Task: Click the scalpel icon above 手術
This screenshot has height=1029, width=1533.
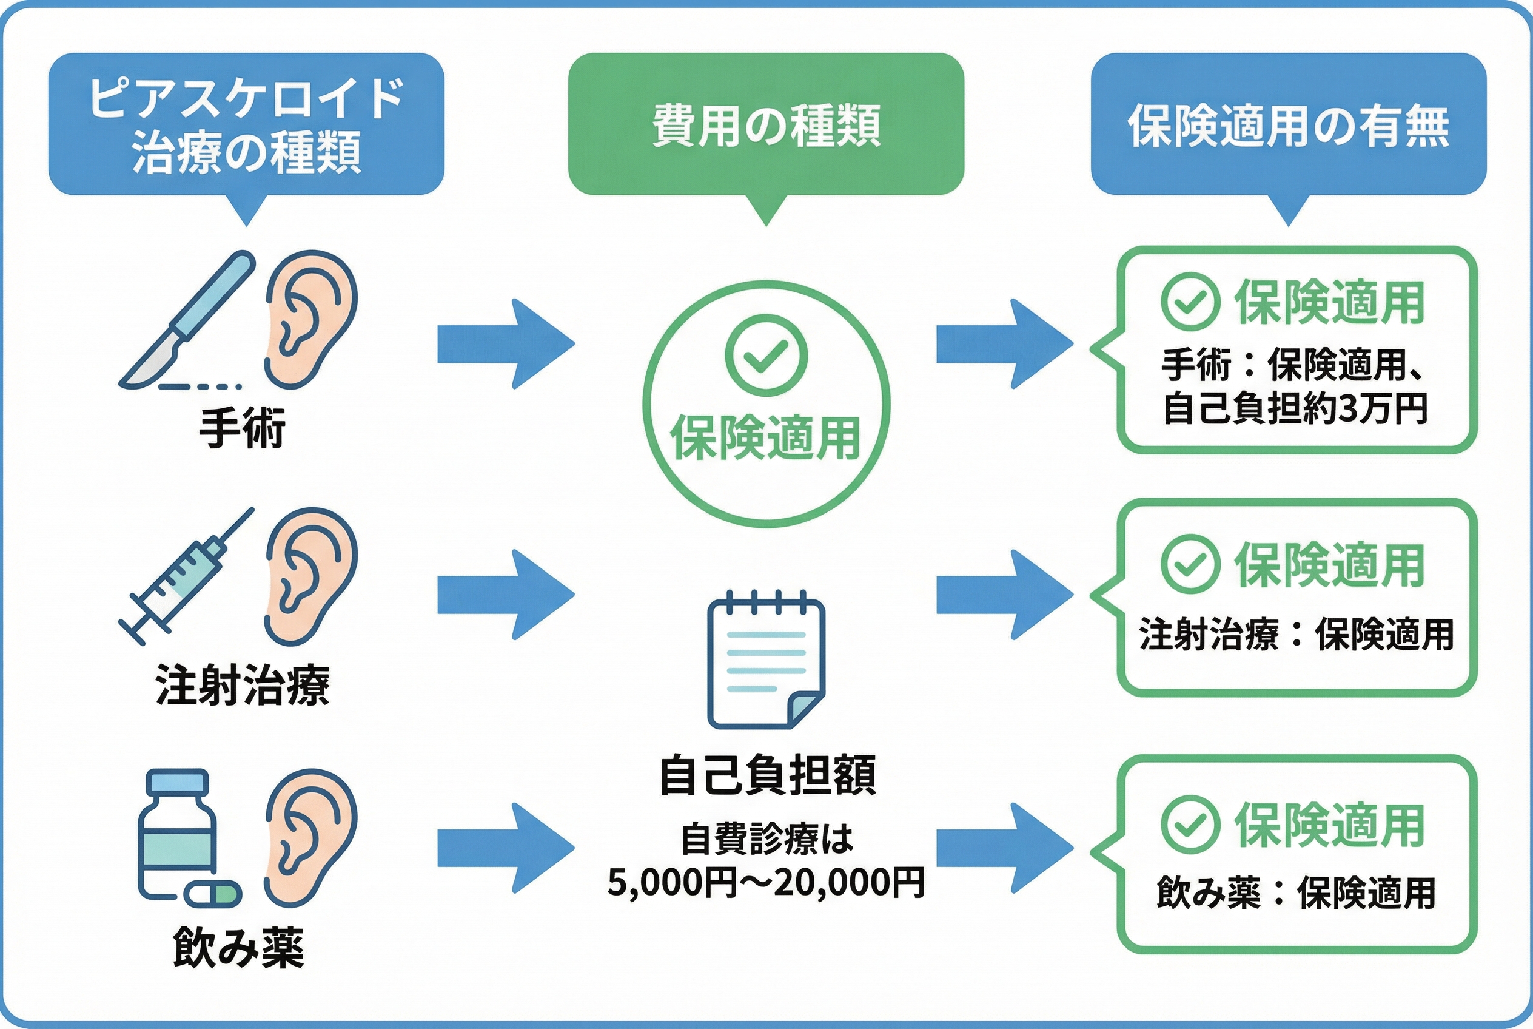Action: [x=187, y=320]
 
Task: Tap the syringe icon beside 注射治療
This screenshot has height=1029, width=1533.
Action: [x=185, y=576]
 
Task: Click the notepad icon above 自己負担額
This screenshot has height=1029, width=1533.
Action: [x=765, y=664]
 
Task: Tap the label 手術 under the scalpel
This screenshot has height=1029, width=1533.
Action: [x=242, y=428]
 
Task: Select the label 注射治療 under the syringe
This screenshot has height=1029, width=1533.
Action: [x=242, y=684]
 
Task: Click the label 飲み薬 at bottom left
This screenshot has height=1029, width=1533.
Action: [x=239, y=947]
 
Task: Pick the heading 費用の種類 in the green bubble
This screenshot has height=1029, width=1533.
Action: [x=765, y=125]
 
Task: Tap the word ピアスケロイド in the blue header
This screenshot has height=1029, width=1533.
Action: [x=246, y=98]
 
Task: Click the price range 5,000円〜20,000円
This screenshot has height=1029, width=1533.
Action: [x=765, y=883]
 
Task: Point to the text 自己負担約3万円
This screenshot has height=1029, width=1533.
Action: [x=1295, y=408]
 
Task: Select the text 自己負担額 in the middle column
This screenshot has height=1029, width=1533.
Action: [x=767, y=775]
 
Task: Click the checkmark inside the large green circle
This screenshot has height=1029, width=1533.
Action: [x=765, y=355]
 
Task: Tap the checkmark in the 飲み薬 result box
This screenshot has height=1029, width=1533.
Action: [x=1190, y=825]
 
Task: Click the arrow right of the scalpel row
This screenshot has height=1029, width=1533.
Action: [x=506, y=343]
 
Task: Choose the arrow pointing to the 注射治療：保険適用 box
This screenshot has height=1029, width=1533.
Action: [x=1004, y=595]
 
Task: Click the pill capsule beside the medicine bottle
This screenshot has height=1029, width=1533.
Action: [x=212, y=893]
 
